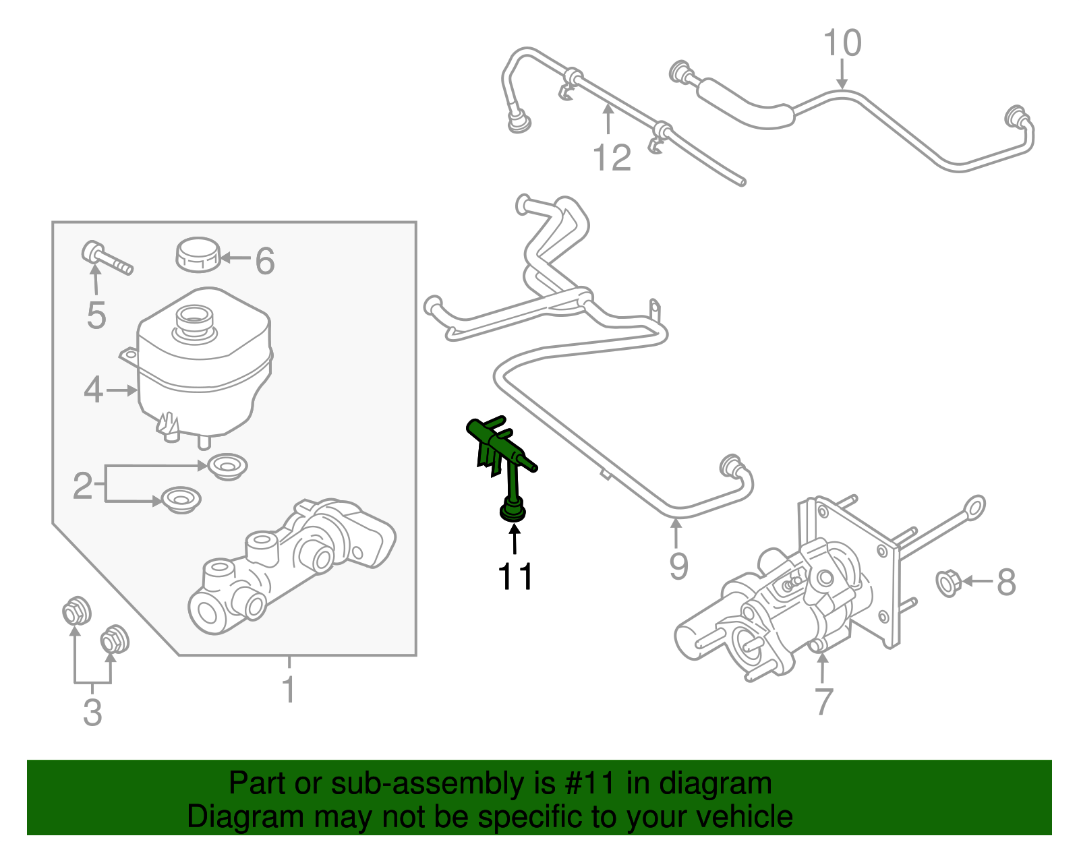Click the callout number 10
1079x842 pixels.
click(842, 43)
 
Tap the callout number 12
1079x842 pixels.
click(612, 158)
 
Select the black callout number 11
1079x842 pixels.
click(515, 577)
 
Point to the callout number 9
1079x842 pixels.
click(678, 566)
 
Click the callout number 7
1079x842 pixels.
click(823, 702)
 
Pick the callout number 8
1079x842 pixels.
click(1005, 582)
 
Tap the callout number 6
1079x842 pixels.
click(265, 261)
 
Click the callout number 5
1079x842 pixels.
click(96, 315)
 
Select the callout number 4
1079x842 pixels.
click(94, 390)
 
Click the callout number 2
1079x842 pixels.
click(82, 485)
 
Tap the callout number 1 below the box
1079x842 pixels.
click(289, 690)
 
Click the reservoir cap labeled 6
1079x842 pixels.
click(198, 254)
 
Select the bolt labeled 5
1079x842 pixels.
click(106, 258)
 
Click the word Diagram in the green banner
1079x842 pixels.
click(226, 817)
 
